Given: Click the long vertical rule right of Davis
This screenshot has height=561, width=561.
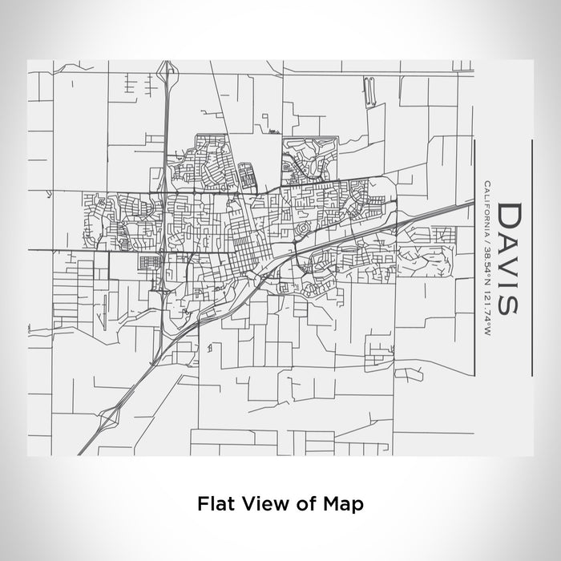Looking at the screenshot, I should [x=532, y=256].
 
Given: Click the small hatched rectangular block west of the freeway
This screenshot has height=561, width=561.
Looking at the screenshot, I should [x=148, y=262].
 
